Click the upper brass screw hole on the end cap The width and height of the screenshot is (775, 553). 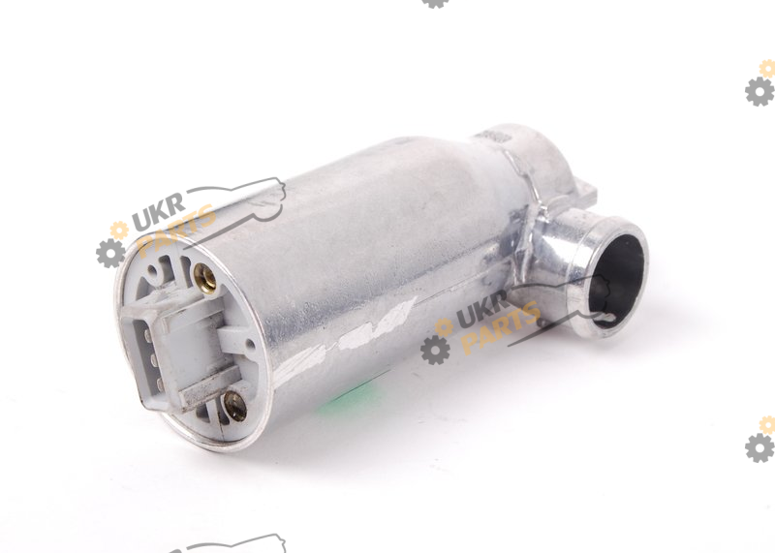(x=204, y=278)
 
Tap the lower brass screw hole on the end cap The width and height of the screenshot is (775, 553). (x=235, y=406)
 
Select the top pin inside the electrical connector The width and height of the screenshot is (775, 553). (x=147, y=335)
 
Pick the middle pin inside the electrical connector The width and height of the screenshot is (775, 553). (x=152, y=359)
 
